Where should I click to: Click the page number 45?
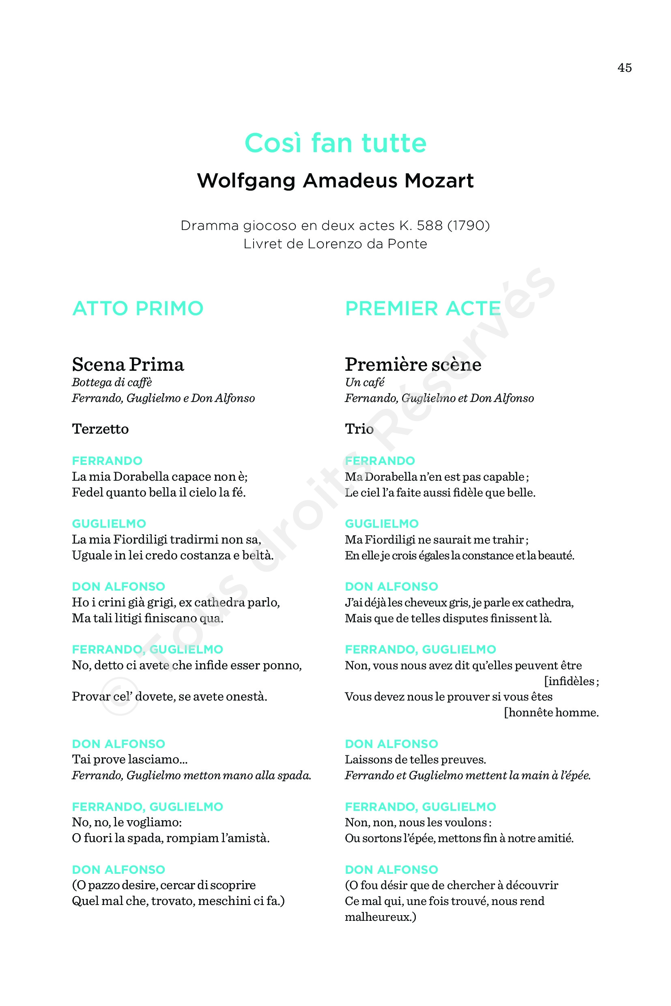[624, 68]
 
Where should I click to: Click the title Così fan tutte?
[335, 143]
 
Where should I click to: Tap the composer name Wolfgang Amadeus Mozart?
[335, 181]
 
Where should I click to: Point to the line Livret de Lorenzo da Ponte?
[335, 244]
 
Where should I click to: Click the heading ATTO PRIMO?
[138, 309]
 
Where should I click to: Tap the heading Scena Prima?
[128, 365]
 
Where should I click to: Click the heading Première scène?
[413, 365]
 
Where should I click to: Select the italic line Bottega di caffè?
[112, 383]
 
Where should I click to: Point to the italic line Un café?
[365, 383]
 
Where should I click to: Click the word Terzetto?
[100, 429]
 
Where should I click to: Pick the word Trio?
[359, 429]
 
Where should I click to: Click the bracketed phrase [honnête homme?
[551, 712]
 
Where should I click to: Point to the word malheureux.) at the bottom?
[381, 917]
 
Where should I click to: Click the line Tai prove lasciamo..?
[130, 759]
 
